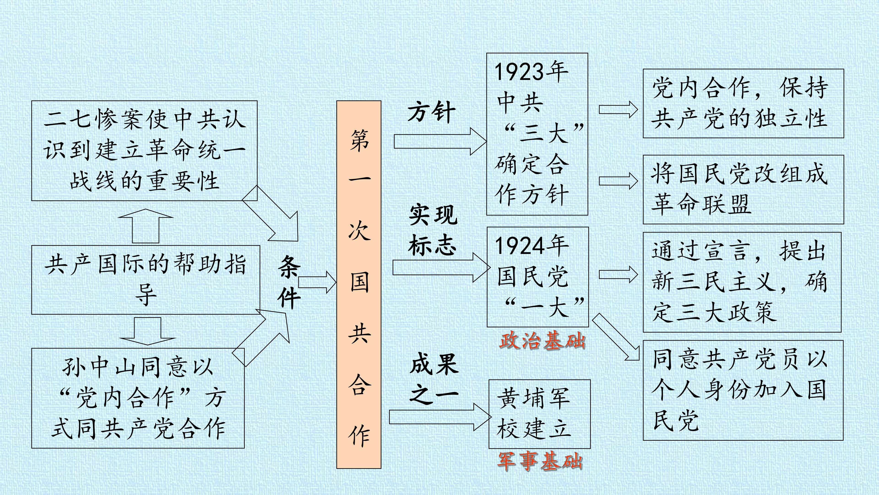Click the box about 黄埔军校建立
(x=540, y=414)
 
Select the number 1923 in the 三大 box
(x=519, y=72)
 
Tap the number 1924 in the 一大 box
(x=519, y=246)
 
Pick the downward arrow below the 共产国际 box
(x=147, y=331)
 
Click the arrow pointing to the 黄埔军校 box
(x=440, y=417)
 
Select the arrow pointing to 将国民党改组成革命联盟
(x=618, y=181)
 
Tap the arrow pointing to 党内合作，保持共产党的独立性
(x=618, y=110)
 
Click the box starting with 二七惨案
(x=144, y=151)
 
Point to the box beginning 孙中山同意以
(x=138, y=398)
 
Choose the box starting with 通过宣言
(x=742, y=282)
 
